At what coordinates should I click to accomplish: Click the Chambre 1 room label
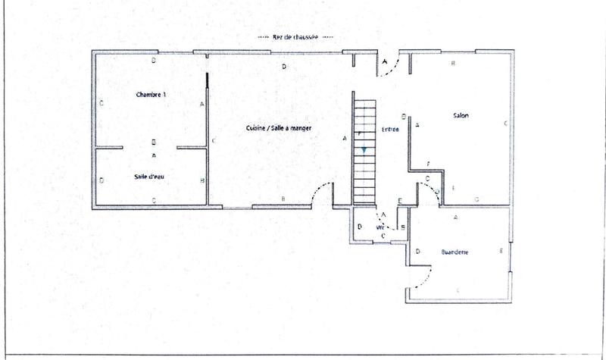coord(151,95)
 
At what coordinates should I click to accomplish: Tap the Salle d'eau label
coord(149,177)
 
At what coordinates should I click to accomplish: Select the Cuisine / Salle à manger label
coord(279,129)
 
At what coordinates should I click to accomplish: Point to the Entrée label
coord(390,130)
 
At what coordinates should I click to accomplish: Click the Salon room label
coord(461,115)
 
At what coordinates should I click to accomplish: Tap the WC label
coord(380,227)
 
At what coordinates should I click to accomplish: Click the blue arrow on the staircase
coord(364,150)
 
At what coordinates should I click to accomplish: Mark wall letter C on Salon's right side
coord(505,122)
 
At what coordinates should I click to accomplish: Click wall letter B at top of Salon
coord(453,64)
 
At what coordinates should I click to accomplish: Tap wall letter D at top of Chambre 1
coord(154,59)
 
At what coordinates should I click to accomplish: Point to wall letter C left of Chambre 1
coord(101,102)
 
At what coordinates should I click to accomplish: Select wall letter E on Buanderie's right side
coord(501,251)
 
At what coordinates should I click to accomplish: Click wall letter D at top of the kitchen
coord(284,67)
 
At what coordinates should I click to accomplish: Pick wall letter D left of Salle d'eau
coord(102,180)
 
